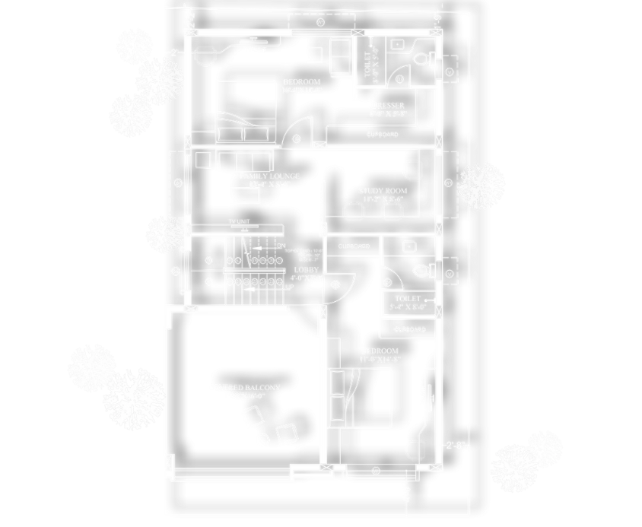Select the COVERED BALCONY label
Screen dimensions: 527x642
pyautogui.click(x=244, y=387)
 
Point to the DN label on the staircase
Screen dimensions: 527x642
pyautogui.click(x=281, y=246)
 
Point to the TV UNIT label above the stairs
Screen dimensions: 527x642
pyautogui.click(x=240, y=221)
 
